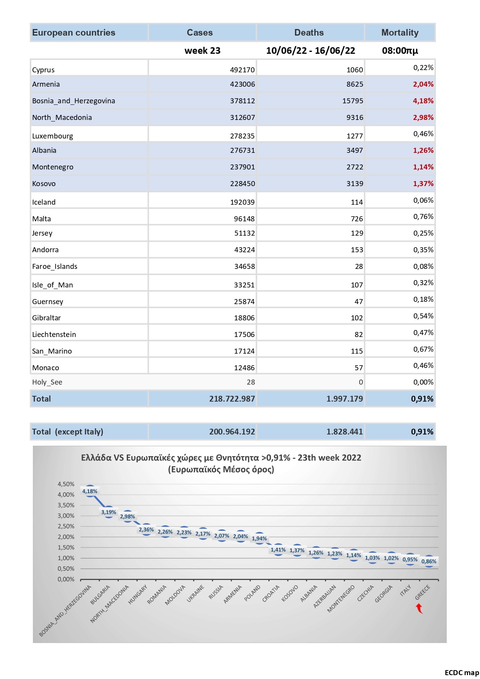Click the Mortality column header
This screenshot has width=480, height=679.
pyautogui.click(x=400, y=32)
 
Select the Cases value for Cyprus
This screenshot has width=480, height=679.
pyautogui.click(x=242, y=70)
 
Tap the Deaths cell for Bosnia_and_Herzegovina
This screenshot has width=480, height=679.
pyautogui.click(x=353, y=101)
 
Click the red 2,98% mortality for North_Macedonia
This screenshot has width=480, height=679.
pyautogui.click(x=423, y=118)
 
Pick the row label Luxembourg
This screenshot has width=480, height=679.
pyautogui.click(x=53, y=136)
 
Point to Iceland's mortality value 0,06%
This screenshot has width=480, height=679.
pyautogui.click(x=423, y=200)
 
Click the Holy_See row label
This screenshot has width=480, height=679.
pyautogui.click(x=47, y=382)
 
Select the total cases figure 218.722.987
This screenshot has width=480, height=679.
pyautogui.click(x=232, y=399)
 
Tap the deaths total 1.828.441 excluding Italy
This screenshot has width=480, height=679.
pyautogui.click(x=345, y=432)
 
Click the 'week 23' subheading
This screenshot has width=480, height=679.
pyautogui.click(x=202, y=51)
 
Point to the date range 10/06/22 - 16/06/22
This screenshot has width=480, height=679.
pyautogui.click(x=311, y=51)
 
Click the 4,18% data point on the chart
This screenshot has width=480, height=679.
pyautogui.click(x=90, y=491)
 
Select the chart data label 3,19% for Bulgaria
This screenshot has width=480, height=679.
pyautogui.click(x=109, y=512)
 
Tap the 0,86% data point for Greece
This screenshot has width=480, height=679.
pyautogui.click(x=429, y=561)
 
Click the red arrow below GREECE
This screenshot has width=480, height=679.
pyautogui.click(x=419, y=609)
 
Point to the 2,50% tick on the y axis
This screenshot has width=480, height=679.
pyautogui.click(x=66, y=526)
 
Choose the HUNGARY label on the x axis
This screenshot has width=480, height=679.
pyautogui.click(x=138, y=595)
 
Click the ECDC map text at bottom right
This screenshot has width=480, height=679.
pyautogui.click(x=462, y=673)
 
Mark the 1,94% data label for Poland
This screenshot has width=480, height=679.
pyautogui.click(x=259, y=539)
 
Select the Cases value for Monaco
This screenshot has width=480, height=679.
pyautogui.click(x=244, y=368)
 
